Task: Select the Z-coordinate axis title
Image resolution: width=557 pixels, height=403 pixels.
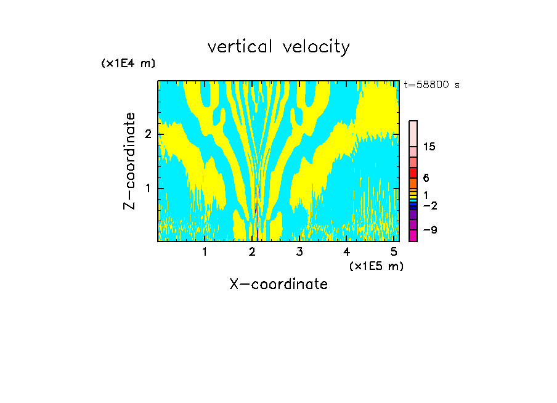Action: click(x=129, y=161)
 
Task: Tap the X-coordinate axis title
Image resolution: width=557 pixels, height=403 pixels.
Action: click(x=278, y=284)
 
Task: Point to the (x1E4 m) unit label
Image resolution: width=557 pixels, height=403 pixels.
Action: click(x=128, y=63)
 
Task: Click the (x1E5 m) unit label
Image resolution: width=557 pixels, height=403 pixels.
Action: click(x=376, y=266)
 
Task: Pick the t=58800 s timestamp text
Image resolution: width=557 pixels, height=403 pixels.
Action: click(x=431, y=85)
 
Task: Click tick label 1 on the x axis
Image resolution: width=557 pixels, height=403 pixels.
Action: click(x=205, y=251)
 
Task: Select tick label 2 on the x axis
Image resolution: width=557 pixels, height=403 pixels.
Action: click(x=252, y=251)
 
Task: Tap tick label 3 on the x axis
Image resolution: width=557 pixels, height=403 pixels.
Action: click(x=299, y=251)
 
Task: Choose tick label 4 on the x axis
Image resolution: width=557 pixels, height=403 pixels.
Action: click(x=346, y=251)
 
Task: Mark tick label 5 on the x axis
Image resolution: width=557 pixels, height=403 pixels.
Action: click(x=394, y=251)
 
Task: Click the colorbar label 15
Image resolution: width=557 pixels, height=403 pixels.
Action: click(x=430, y=147)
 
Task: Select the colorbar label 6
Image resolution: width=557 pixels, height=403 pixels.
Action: click(x=426, y=178)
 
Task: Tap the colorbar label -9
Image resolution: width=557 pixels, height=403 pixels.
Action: click(x=430, y=230)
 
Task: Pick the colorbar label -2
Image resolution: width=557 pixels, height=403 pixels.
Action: click(x=430, y=205)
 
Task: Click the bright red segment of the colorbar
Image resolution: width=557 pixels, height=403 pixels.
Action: click(x=413, y=173)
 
